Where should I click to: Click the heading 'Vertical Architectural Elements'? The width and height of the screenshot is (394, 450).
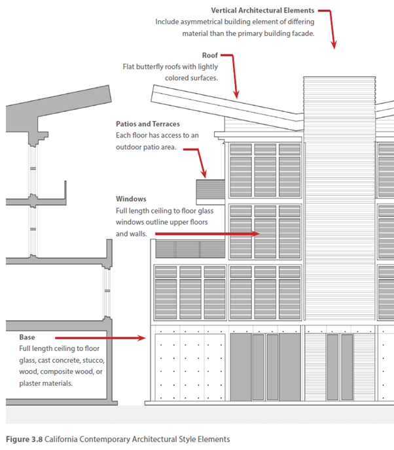point(262,10)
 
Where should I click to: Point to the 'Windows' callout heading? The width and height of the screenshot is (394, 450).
point(131,198)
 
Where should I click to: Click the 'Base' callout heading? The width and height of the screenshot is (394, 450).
point(27,337)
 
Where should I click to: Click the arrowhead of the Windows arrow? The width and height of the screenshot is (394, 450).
point(259,233)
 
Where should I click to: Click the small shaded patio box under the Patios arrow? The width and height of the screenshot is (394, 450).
point(210,189)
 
